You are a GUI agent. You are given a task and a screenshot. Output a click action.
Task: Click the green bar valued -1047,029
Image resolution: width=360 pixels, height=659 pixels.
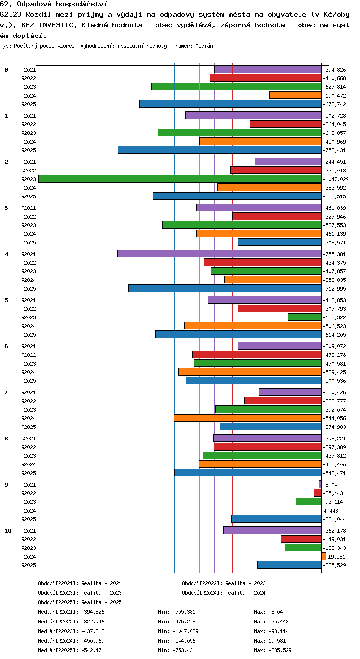pyautogui.click(x=180, y=179)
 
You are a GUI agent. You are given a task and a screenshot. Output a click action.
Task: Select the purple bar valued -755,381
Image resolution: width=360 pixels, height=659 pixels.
pyautogui.click(x=219, y=254)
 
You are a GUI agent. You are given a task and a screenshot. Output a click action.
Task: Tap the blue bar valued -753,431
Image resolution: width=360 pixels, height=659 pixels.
pyautogui.click(x=219, y=150)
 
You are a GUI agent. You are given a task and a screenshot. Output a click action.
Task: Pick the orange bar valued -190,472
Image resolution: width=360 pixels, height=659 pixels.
pyautogui.click(x=295, y=95)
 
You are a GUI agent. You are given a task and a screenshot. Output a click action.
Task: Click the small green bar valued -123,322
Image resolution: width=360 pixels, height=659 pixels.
pyautogui.click(x=304, y=317)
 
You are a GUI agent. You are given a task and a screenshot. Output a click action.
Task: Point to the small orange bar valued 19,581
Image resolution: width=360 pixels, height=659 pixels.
pyautogui.click(x=324, y=556)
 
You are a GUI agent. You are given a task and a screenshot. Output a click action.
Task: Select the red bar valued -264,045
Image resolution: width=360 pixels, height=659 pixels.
pyautogui.click(x=285, y=124)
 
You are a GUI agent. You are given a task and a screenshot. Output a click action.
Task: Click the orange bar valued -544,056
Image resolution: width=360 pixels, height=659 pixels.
pyautogui.click(x=247, y=418)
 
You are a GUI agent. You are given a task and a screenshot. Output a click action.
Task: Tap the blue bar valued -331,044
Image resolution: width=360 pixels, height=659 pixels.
pyautogui.click(x=276, y=519)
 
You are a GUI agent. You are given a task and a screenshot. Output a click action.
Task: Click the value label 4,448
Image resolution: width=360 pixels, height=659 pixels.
pyautogui.click(x=331, y=511)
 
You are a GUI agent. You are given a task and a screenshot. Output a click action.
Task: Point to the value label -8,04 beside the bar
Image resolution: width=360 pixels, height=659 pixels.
pyautogui.click(x=330, y=485)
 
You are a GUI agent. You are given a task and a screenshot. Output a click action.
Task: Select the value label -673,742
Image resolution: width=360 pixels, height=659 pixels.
pyautogui.click(x=335, y=104)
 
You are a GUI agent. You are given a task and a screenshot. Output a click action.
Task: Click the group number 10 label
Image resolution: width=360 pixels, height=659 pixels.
pyautogui.click(x=8, y=531)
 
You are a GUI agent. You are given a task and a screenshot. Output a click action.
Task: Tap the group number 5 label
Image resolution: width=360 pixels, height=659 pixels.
pyautogui.click(x=6, y=300)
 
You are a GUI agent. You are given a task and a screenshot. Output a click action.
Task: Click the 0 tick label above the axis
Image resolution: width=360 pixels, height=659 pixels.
pyautogui.click(x=321, y=60)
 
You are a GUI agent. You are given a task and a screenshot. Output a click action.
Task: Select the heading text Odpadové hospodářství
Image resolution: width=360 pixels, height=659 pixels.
pyautogui.click(x=62, y=4)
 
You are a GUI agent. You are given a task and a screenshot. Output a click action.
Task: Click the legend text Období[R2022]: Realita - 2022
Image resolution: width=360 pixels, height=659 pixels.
pyautogui.click(x=224, y=583)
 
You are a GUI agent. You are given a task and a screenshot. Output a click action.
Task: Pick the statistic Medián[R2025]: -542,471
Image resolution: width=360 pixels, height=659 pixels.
pyautogui.click(x=71, y=650)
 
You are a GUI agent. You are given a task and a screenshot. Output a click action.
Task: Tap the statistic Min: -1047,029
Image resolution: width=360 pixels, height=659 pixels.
pyautogui.click(x=178, y=631)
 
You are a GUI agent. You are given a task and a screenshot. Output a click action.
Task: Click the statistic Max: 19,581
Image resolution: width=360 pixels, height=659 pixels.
pyautogui.click(x=270, y=640)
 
